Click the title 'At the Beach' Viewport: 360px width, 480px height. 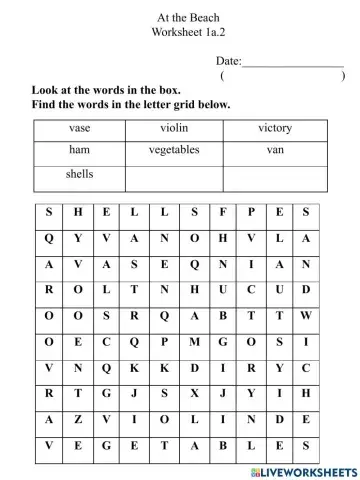pos(188,18)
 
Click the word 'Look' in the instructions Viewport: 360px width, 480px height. pos(47,89)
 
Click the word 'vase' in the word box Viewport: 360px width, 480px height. pos(80,128)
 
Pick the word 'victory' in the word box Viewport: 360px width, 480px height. pos(275,128)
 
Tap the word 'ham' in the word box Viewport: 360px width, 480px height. pos(80,150)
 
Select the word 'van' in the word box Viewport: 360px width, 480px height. pos(275,150)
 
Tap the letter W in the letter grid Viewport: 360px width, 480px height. pos(306,314)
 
